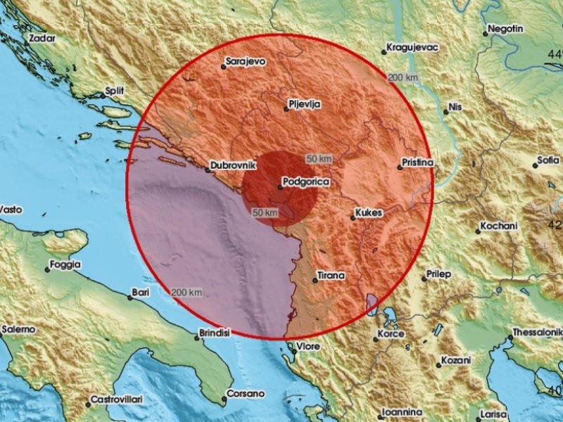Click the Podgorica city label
tap(303, 183)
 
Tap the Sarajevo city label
tap(245, 62)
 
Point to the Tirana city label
tap(331, 276)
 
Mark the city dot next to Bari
tap(129, 298)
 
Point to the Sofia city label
tap(549, 160)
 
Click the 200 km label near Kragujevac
tap(403, 77)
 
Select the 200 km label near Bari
tap(186, 292)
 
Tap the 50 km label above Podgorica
tap(319, 159)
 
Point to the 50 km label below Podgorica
tap(267, 212)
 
